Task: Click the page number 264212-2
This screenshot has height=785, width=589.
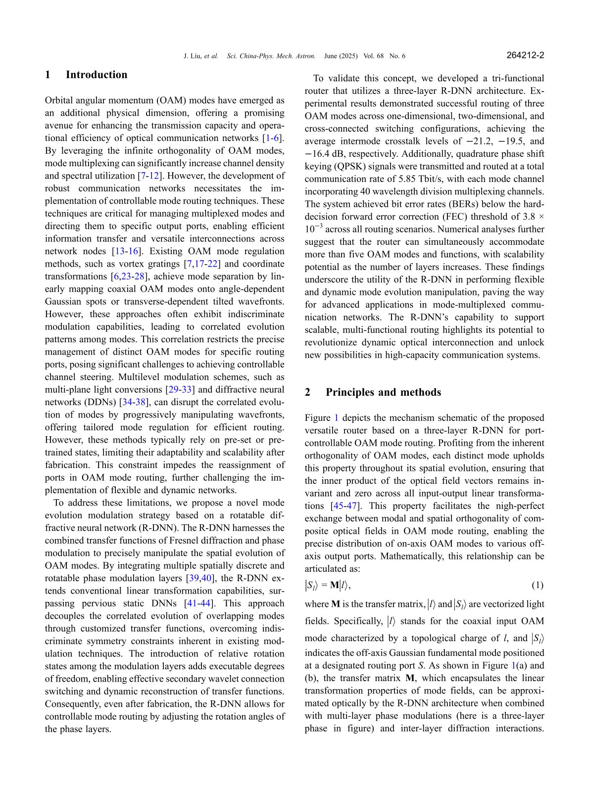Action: click(x=525, y=55)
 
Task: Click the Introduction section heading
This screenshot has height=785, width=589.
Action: click(x=96, y=75)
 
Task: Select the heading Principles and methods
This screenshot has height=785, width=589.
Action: click(x=383, y=392)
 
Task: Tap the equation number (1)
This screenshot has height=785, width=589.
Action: click(x=538, y=586)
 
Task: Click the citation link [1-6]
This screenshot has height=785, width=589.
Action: click(x=274, y=138)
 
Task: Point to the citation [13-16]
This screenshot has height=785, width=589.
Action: click(x=126, y=251)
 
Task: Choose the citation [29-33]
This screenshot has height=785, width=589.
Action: click(x=180, y=390)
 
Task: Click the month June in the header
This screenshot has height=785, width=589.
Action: click(x=331, y=56)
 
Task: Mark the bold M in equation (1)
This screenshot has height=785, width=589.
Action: click(x=335, y=586)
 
